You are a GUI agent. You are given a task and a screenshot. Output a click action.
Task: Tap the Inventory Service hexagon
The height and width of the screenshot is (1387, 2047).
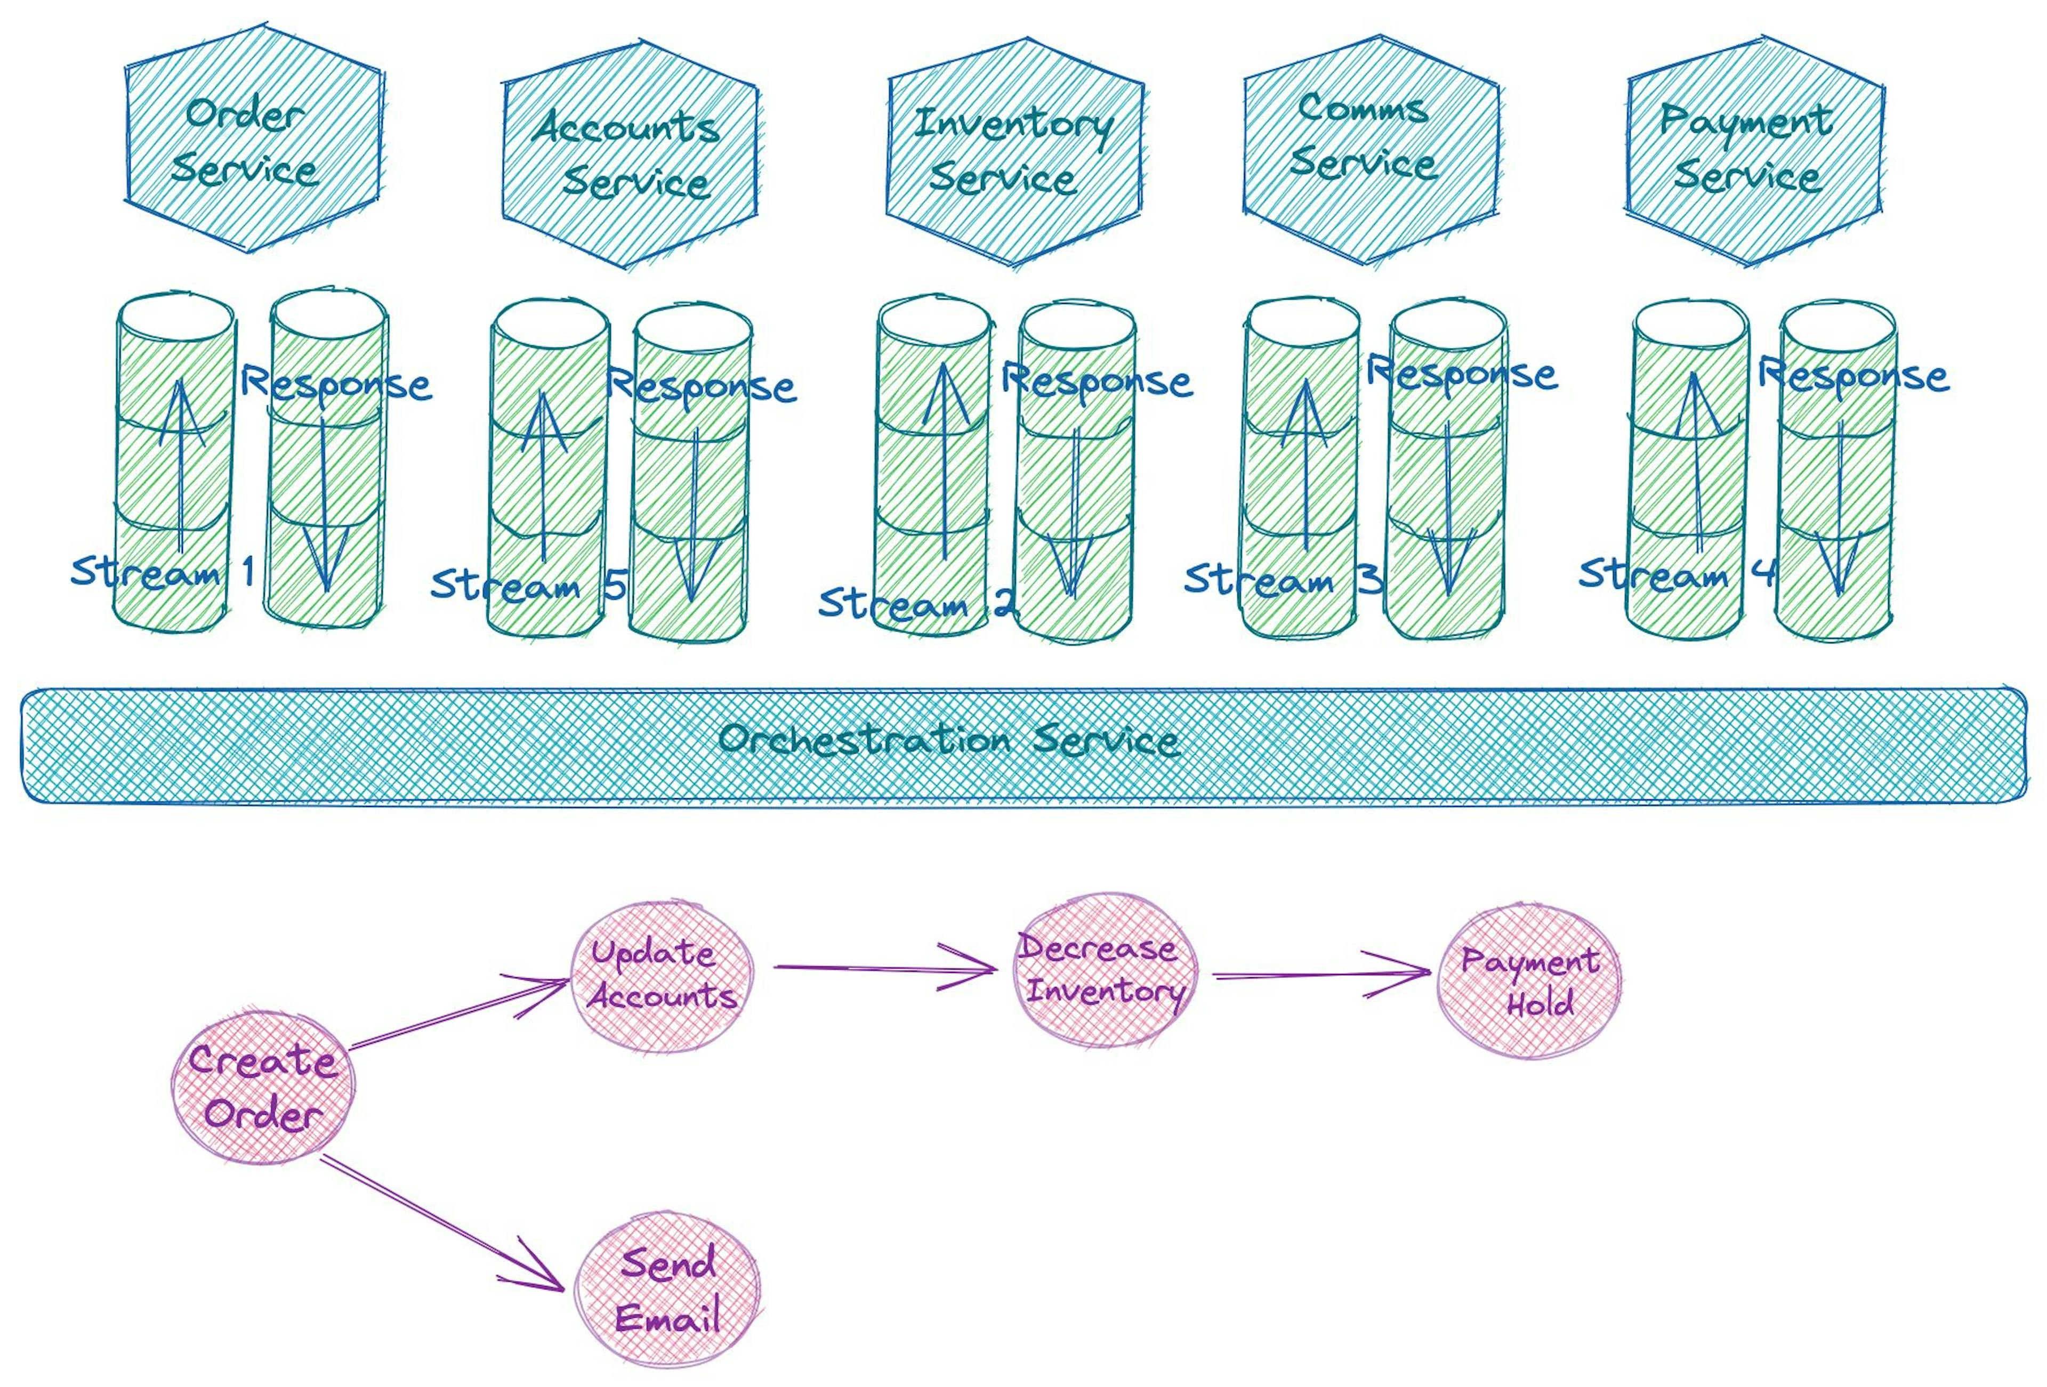(1014, 151)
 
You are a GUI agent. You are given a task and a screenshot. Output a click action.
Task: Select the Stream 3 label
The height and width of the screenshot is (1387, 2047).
(1280, 579)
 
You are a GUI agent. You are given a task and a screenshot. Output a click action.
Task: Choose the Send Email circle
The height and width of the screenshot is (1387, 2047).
(667, 1290)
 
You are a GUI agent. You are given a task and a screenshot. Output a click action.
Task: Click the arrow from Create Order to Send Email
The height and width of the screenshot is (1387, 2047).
(440, 1222)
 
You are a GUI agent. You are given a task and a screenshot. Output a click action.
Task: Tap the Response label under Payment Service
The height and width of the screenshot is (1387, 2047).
(1852, 376)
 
